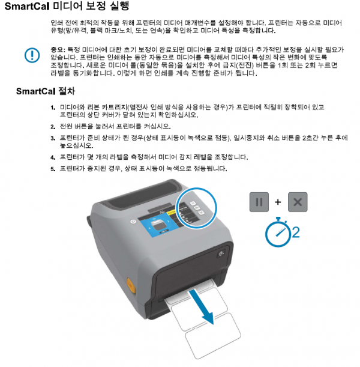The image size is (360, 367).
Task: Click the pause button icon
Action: click(x=259, y=202)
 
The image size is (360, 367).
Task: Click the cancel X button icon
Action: click(x=298, y=202)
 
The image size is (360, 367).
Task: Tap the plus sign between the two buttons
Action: click(x=278, y=202)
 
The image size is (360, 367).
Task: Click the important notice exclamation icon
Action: click(x=31, y=55)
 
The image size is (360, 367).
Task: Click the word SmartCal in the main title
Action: click(x=26, y=7)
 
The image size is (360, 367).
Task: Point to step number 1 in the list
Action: click(x=53, y=107)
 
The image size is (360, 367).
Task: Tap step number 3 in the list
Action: click(x=53, y=138)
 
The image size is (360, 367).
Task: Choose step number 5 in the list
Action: click(x=53, y=168)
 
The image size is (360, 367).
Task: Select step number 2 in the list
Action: click(x=53, y=126)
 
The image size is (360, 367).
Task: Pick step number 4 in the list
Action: click(x=53, y=157)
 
